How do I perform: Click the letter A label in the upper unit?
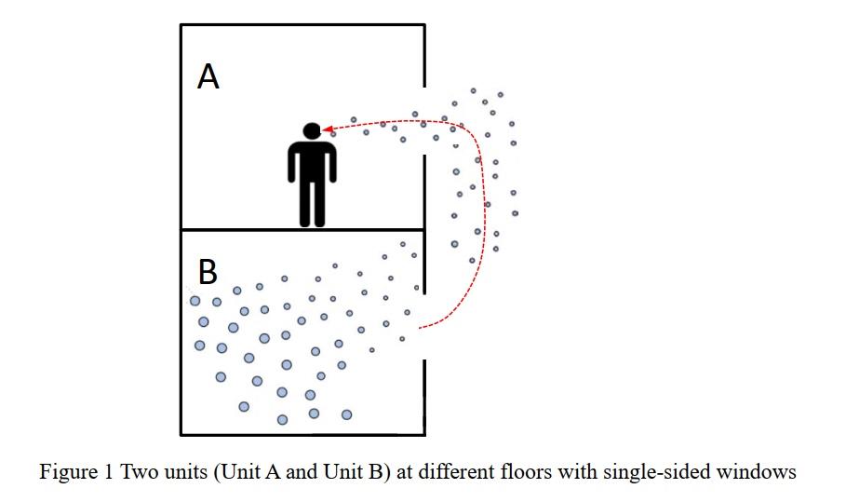coord(208,77)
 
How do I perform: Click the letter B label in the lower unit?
coord(208,272)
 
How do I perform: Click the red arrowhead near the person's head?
coord(328,131)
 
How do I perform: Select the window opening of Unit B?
coord(424,326)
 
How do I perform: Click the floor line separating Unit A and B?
coord(302,229)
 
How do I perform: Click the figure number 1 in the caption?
coord(105,472)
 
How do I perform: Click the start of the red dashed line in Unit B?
coord(422,328)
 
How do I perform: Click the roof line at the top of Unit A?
coord(302,25)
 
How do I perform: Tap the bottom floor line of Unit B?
coord(302,434)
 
